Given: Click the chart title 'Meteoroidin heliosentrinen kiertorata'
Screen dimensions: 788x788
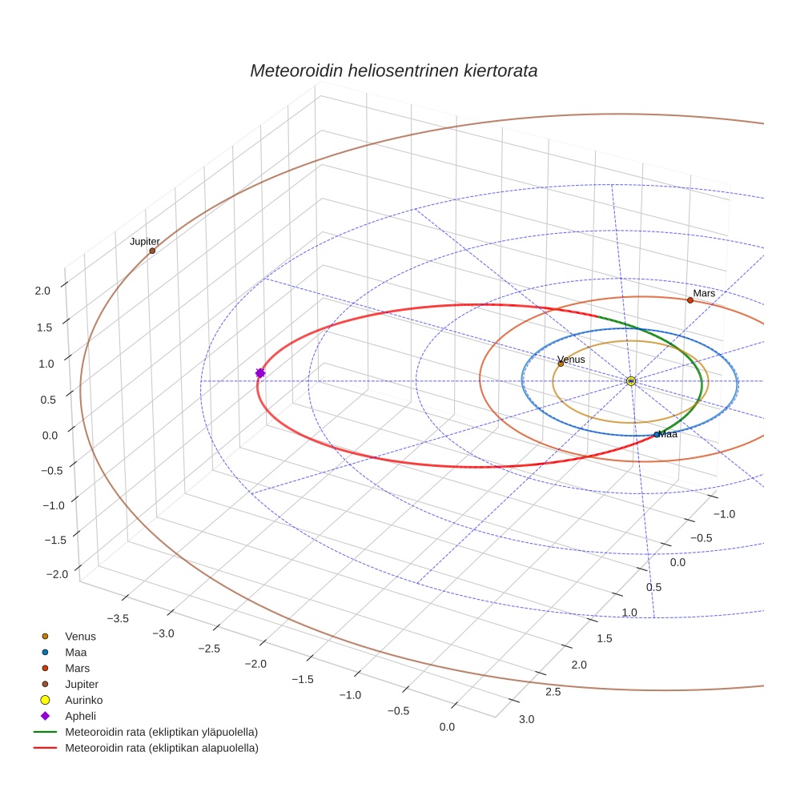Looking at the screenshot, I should click(393, 70).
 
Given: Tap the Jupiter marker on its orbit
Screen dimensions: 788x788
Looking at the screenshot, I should click(152, 251).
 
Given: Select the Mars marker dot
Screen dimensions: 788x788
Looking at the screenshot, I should click(689, 300).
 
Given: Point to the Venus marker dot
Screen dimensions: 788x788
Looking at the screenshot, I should click(561, 364).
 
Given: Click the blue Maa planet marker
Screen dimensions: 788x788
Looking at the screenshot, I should click(657, 435).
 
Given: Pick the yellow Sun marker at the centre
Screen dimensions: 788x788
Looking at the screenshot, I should click(631, 380).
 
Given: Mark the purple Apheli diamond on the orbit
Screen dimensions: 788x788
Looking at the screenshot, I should click(260, 373).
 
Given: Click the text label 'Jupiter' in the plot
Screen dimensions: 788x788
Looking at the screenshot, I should click(145, 241).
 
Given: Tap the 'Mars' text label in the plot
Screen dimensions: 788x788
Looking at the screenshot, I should click(704, 294).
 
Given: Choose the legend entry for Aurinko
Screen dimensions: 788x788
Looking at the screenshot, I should click(83, 700).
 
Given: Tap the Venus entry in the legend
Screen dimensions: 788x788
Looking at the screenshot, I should click(80, 637).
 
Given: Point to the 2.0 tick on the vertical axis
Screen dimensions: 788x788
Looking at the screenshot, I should click(42, 291).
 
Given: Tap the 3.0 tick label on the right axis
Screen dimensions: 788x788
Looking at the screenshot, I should click(527, 719).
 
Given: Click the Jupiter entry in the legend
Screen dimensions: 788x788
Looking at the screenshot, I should click(82, 684).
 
